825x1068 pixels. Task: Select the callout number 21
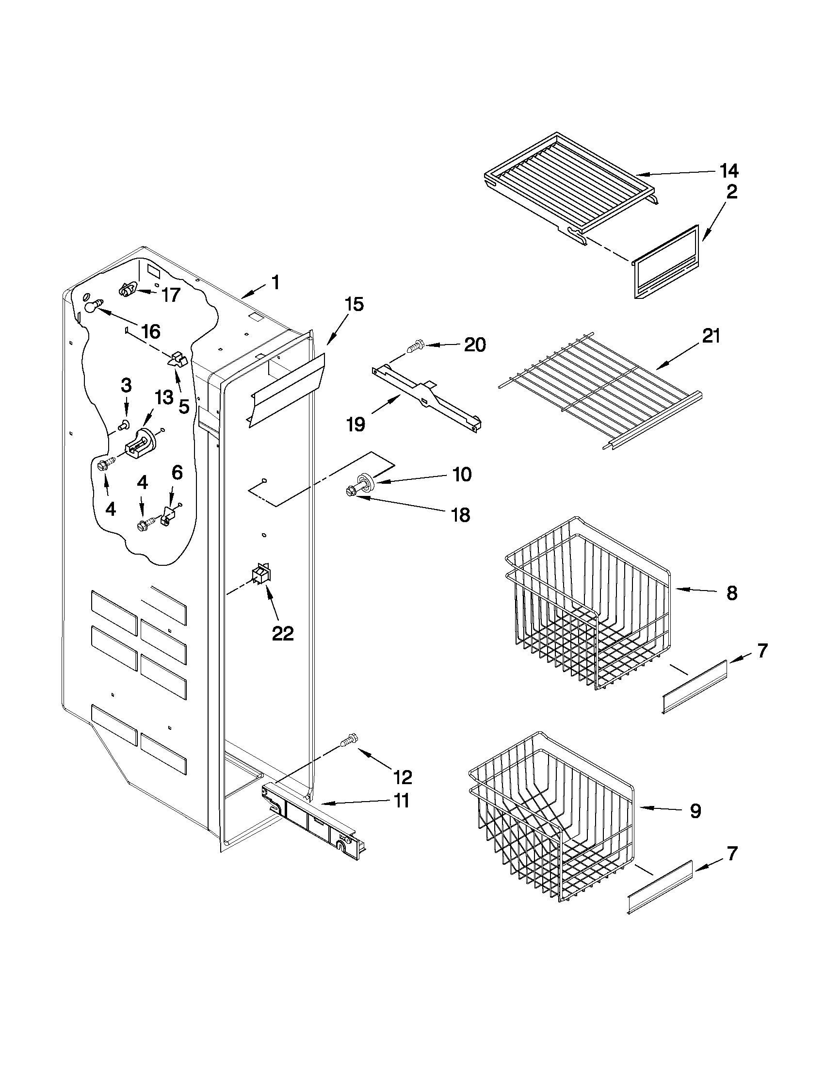711,336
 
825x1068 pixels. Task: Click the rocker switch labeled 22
261,574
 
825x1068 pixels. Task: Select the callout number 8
731,593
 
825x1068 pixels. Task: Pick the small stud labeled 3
124,425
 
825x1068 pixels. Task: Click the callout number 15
355,305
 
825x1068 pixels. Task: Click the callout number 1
275,282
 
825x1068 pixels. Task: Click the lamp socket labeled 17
128,290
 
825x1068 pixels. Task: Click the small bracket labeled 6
168,515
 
